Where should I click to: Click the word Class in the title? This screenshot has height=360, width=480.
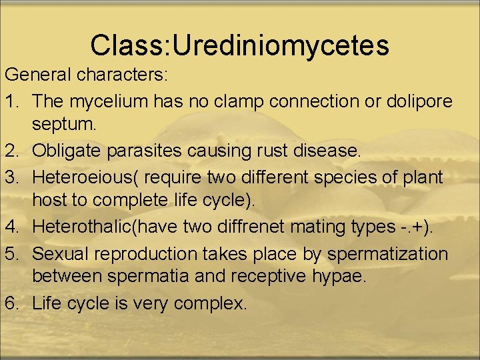click(124, 45)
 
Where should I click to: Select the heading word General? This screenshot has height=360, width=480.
click(39, 75)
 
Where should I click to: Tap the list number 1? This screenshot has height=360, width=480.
click(11, 101)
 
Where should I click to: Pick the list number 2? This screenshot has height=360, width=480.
click(11, 151)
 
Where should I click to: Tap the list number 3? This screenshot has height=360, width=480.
click(11, 177)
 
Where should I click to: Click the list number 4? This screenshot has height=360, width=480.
click(11, 227)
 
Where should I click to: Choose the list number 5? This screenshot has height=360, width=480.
click(11, 254)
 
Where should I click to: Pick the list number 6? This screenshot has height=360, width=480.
click(11, 303)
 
